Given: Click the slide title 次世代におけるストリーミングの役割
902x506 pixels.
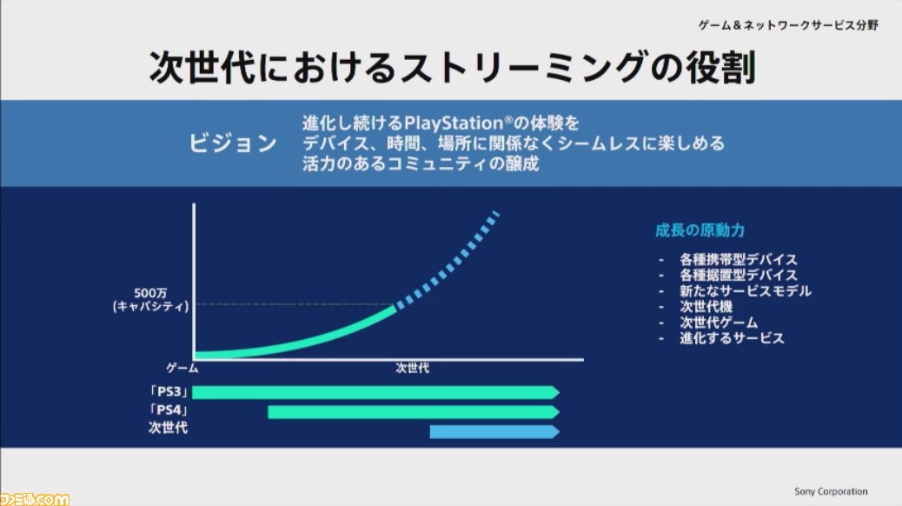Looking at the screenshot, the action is point(452,67).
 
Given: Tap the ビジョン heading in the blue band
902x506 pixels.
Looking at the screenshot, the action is point(233,143).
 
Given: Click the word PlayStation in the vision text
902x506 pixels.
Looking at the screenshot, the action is point(454,123).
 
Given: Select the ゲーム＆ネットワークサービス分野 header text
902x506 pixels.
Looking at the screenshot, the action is point(788,24).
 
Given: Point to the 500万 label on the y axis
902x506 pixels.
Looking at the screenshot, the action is point(150,293).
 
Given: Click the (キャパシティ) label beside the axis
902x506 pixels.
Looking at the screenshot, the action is point(150,306).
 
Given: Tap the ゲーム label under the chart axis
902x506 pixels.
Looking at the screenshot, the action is point(182,368).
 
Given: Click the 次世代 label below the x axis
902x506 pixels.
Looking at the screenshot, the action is point(412,368).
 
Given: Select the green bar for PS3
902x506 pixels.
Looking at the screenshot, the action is point(375,393).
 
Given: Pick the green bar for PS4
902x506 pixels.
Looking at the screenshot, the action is point(414,411).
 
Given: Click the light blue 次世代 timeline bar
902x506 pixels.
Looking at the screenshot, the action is point(494,432).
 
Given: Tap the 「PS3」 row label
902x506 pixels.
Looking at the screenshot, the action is point(168,392).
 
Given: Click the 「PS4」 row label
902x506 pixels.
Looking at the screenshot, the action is point(168,410).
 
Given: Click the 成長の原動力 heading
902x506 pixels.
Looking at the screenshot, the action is point(700,230).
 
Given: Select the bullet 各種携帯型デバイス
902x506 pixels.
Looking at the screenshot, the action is point(739,259).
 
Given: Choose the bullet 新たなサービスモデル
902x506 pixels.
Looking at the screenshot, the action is point(746,290).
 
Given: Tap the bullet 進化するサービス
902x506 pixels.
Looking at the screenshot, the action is point(732,338).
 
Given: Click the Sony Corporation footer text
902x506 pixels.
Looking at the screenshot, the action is point(831,491).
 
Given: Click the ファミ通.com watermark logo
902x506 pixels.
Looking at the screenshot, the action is point(35,498).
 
